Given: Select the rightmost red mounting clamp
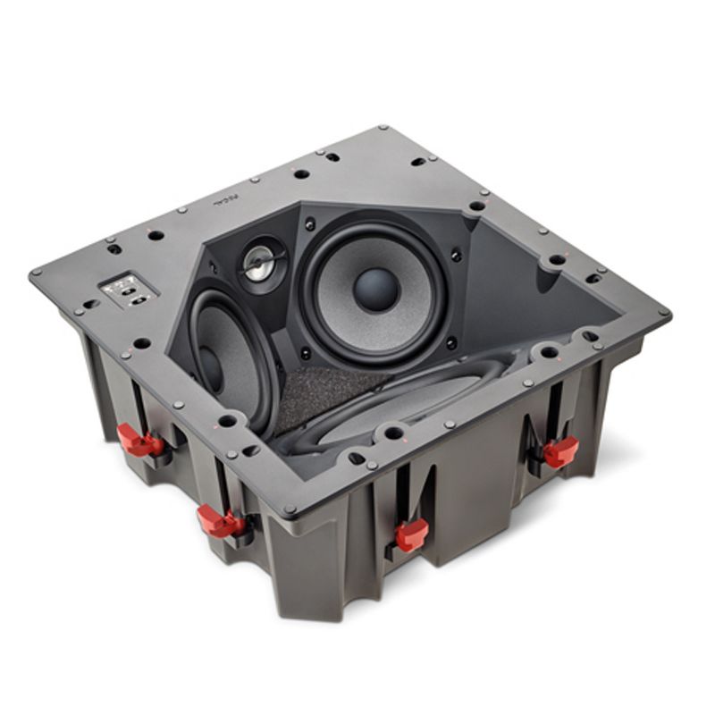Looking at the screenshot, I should (x=560, y=450).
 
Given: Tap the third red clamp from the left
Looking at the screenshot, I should (x=410, y=533).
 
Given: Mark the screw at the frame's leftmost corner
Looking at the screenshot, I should (x=36, y=273).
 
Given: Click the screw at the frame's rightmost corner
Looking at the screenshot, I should (x=662, y=314).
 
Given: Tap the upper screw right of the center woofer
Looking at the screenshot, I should (x=455, y=255).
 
